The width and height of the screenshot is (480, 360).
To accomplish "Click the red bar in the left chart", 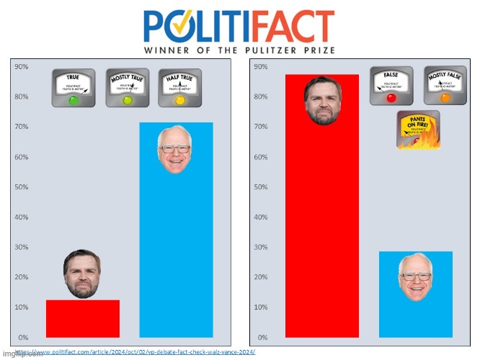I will [82, 318].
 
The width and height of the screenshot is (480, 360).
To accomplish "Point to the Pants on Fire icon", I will [418, 130].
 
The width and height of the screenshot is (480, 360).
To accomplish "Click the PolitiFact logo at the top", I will [239, 25].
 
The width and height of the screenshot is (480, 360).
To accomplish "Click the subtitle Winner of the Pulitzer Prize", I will [239, 51].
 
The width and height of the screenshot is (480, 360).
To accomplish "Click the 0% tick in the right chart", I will [262, 337].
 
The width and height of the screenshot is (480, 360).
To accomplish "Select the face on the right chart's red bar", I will [321, 100].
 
